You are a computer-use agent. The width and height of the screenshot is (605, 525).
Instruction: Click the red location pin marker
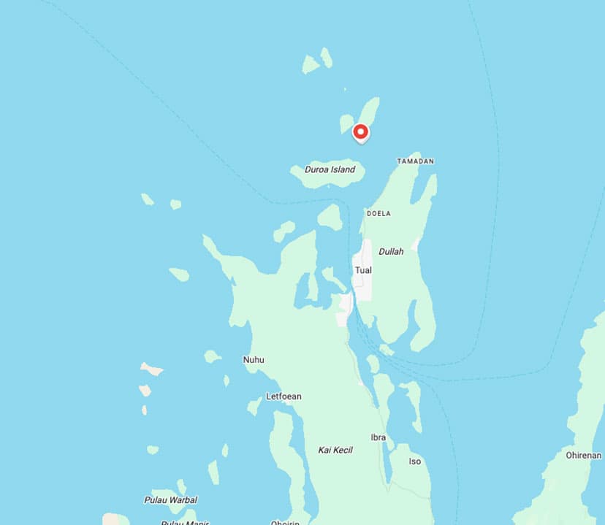pyautogui.click(x=360, y=132)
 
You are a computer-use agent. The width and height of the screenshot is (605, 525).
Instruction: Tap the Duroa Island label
pyautogui.click(x=330, y=170)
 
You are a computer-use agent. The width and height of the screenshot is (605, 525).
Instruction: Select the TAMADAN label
pyautogui.click(x=415, y=161)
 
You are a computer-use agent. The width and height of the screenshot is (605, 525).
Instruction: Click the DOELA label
pyautogui.click(x=378, y=213)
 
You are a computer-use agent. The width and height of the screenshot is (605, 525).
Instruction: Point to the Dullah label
pyautogui.click(x=391, y=251)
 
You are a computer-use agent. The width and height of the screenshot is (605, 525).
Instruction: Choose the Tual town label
pyautogui.click(x=362, y=270)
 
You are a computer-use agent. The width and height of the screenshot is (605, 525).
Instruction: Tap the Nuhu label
pyautogui.click(x=254, y=360)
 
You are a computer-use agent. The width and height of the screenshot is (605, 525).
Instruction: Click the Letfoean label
pyautogui.click(x=284, y=396)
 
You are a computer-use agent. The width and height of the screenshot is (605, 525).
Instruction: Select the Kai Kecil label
pyautogui.click(x=335, y=450)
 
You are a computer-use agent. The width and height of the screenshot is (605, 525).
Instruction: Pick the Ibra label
pyautogui.click(x=378, y=437)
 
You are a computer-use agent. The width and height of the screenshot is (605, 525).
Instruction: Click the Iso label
pyautogui.click(x=414, y=461)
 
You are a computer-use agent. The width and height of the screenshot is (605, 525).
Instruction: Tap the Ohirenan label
pyautogui.click(x=583, y=456)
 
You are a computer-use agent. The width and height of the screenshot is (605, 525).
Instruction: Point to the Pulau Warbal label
pyautogui.click(x=170, y=500)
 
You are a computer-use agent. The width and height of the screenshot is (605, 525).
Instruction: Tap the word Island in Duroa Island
pyautogui.click(x=342, y=170)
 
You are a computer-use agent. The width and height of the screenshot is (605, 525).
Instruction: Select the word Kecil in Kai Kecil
pyautogui.click(x=343, y=450)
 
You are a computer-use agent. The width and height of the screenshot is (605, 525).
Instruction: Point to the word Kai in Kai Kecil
pyautogui.click(x=324, y=450)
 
